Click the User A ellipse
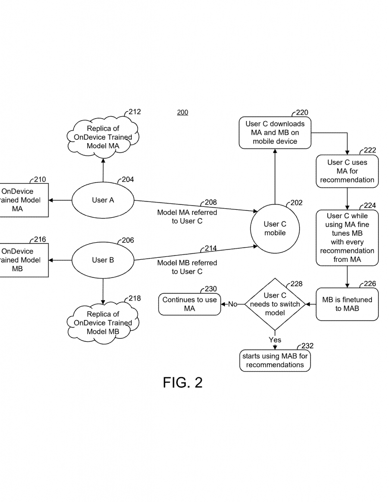[x=103, y=200]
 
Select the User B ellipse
[x=103, y=260]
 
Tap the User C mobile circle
[x=275, y=228]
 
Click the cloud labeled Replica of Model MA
[x=102, y=137]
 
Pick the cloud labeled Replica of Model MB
[x=102, y=323]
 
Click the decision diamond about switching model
[x=275, y=304]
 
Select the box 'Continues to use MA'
[x=190, y=304]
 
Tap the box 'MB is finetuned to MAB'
[x=347, y=304]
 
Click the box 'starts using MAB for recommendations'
[x=275, y=360]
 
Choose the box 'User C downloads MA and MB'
[x=275, y=132]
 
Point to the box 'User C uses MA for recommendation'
[x=347, y=171]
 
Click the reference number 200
[x=182, y=112]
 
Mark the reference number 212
[x=134, y=112]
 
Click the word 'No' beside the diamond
[x=233, y=304]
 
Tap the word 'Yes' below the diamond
[x=275, y=340]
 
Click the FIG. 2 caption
[x=182, y=383]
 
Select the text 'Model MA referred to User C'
[x=187, y=217]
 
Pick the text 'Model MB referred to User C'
[x=187, y=267]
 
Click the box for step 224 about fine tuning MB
[x=347, y=238]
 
